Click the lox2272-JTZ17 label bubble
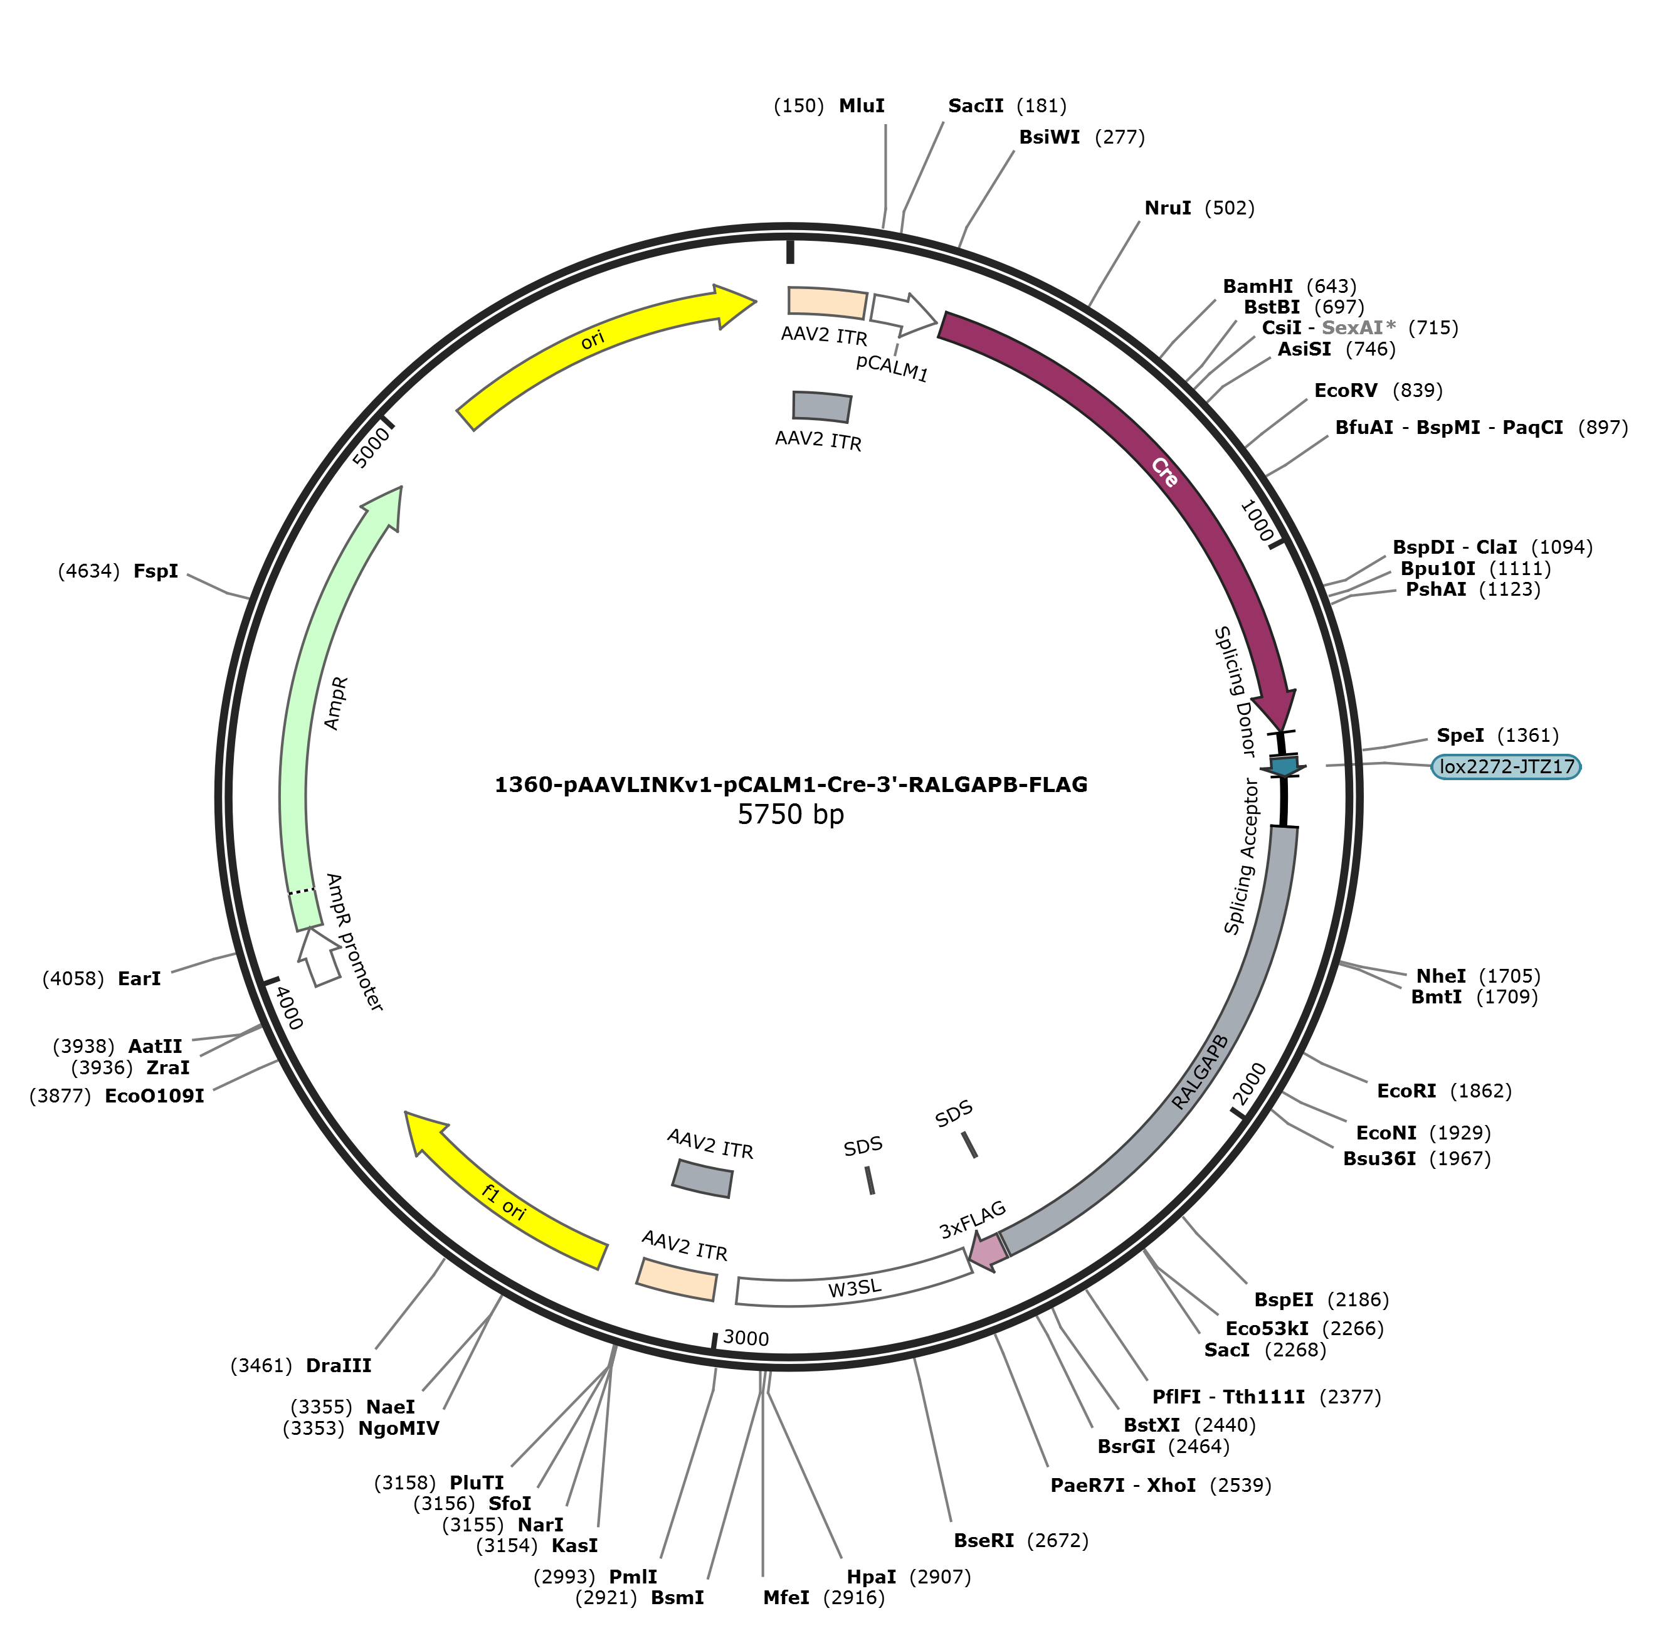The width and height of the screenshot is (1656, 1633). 1505,766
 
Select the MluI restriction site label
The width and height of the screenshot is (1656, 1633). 862,105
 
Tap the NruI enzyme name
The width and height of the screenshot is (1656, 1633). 1168,208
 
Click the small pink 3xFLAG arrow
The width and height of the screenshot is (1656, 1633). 988,1252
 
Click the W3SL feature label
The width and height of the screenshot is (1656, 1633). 855,1288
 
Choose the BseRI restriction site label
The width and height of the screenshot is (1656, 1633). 984,1540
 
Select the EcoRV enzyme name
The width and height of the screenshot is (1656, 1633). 1346,390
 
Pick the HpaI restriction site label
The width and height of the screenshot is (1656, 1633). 871,1577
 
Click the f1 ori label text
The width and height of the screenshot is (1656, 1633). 504,1202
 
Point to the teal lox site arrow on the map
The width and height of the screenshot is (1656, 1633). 1283,766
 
